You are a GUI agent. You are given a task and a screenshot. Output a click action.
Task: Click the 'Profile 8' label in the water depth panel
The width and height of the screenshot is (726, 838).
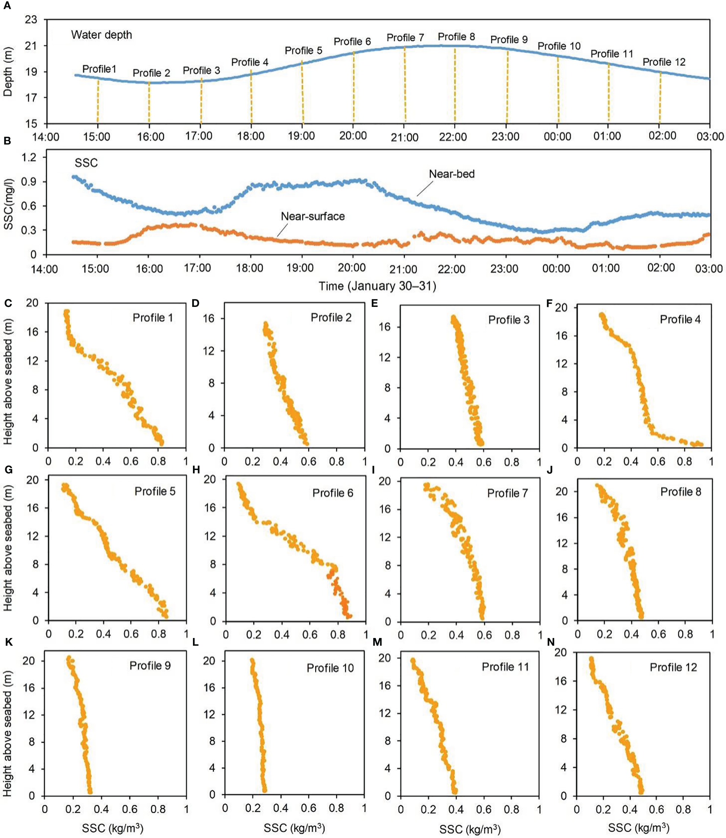[x=456, y=37]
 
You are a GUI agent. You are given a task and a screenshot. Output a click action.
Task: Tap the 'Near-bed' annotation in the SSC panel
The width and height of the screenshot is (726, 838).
[x=451, y=174]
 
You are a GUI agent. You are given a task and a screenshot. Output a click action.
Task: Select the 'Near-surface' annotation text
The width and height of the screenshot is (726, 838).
[x=313, y=216]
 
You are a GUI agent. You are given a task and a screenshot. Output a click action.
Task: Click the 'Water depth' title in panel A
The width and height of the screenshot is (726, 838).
[x=102, y=35]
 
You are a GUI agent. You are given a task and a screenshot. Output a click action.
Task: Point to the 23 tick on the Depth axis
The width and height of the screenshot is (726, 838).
[x=31, y=20]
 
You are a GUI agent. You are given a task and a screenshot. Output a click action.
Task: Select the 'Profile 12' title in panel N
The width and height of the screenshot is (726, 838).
[x=673, y=667]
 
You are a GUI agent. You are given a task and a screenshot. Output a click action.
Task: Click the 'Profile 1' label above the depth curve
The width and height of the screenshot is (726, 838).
[x=99, y=69]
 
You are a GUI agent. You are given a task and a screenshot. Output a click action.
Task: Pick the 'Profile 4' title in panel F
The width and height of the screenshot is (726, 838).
[x=680, y=320]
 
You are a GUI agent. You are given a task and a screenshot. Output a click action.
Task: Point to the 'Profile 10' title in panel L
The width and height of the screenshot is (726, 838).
[x=330, y=668]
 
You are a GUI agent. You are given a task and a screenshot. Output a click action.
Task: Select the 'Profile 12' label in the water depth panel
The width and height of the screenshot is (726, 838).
[x=664, y=62]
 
